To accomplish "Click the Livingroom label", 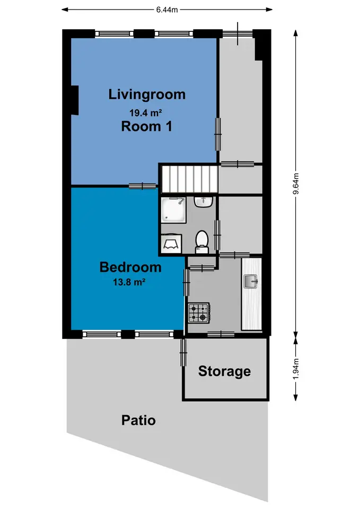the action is [147, 95].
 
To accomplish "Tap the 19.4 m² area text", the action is [146, 112].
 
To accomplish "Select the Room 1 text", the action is [147, 126].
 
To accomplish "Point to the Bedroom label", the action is [130, 267].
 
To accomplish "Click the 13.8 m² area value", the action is [129, 282].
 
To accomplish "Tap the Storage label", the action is [224, 371].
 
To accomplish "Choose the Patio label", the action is [138, 420].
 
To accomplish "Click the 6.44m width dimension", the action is [167, 10].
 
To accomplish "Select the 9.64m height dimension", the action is [296, 183].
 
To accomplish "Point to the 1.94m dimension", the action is [296, 369].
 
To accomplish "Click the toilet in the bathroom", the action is [202, 242].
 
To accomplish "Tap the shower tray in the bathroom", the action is [174, 210].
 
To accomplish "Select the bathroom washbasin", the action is [204, 201].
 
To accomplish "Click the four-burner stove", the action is [199, 313].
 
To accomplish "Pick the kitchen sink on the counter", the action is [251, 281].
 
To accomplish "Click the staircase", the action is [190, 179].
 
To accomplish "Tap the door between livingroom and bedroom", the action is [143, 186].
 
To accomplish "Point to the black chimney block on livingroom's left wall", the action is [75, 100].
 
